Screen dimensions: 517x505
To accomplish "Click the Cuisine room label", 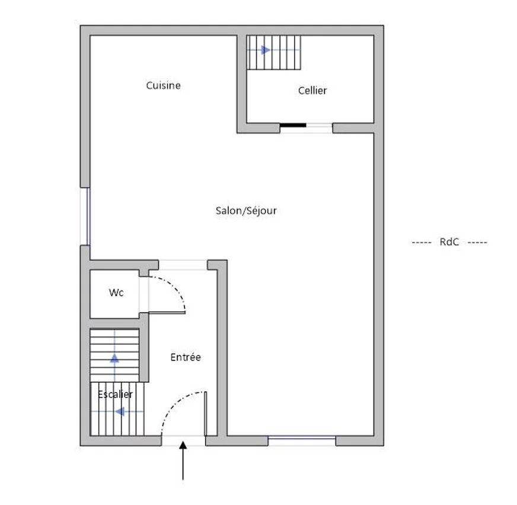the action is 163,86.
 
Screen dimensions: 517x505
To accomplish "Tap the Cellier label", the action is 312,91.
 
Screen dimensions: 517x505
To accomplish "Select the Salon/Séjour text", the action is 246,211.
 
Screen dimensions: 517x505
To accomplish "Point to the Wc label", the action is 116,292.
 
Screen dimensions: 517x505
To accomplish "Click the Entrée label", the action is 186,357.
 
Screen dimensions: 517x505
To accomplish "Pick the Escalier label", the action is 115,394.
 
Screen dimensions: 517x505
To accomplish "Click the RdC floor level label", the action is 449,242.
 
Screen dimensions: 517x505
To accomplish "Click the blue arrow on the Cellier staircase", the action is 266,50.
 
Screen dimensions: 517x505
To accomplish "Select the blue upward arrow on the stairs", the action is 114,358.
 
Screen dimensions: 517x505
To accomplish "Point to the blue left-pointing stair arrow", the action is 120,411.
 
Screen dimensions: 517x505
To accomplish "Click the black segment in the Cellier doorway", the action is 293,125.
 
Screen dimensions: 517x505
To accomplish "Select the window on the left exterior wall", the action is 85,216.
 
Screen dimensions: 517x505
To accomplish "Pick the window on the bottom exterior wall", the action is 302,440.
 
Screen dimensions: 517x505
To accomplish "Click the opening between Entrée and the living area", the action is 183,265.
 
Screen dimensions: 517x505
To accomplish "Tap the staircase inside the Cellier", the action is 274,52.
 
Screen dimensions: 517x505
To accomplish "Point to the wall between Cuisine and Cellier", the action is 242,84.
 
